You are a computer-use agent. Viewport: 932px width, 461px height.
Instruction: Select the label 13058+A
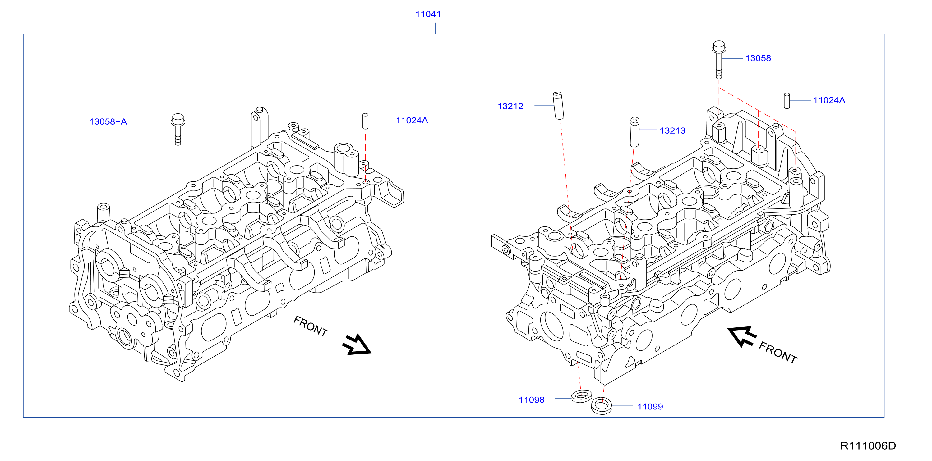108,121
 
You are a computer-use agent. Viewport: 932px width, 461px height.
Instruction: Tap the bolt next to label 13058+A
178,129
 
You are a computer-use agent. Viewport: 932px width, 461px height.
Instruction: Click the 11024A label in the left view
412,121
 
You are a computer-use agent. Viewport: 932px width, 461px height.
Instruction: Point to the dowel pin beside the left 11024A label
365,121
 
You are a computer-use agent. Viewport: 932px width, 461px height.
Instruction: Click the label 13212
510,106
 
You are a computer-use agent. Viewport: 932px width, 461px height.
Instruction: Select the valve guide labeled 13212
558,106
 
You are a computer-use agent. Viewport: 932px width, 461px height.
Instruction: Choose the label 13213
672,130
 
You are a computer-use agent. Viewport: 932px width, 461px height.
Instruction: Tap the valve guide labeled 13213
634,132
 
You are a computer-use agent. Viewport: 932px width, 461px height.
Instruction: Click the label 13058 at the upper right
758,58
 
